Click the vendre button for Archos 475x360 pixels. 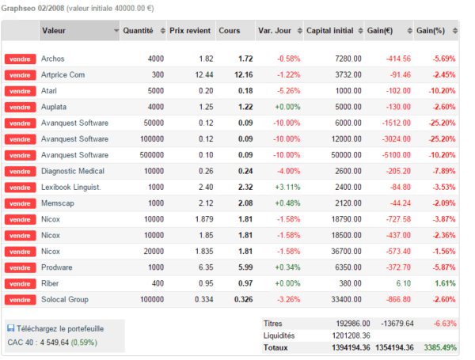(21, 59)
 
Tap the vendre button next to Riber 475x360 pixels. (21, 284)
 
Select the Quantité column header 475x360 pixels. (138, 31)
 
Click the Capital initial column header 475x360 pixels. (330, 31)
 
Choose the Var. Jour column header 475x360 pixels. (275, 31)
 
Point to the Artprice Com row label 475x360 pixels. (63, 75)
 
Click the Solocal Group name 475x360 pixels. (65, 299)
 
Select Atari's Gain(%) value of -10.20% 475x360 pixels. (442, 91)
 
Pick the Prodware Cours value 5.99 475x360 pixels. (245, 267)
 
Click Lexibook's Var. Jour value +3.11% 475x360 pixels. (287, 187)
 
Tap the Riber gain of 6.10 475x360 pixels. (404, 283)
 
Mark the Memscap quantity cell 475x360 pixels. (156, 203)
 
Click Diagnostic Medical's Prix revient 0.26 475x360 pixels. (206, 171)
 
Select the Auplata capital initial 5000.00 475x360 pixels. (348, 107)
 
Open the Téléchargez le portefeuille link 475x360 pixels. (60, 329)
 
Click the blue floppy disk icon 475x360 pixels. (11, 328)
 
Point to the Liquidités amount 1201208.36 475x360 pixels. (351, 335)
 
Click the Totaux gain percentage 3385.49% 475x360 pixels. (440, 347)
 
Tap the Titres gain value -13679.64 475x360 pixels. (397, 324)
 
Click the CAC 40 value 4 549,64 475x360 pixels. (54, 343)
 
